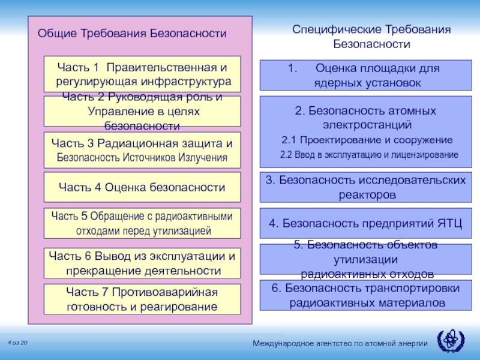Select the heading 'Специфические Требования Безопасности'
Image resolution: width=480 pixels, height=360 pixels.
click(x=371, y=37)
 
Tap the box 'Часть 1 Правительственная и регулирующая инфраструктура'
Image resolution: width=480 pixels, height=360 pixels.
click(x=142, y=74)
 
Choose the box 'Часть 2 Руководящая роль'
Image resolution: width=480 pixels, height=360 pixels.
click(x=142, y=112)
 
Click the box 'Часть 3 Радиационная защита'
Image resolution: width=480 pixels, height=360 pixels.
click(x=142, y=150)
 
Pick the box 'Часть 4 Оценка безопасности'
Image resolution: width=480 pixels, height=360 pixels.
click(x=142, y=187)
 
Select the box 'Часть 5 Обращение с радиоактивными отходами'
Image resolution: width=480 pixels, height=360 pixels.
click(x=142, y=223)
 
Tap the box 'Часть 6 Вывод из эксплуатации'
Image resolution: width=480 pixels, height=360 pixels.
click(x=142, y=263)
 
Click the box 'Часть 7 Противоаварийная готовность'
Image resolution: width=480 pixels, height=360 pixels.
click(x=142, y=299)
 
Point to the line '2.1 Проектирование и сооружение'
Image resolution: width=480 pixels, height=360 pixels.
click(x=367, y=140)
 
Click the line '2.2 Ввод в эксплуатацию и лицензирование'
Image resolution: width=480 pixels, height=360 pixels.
click(x=369, y=155)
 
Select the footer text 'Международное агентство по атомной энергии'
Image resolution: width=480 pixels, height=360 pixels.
click(x=340, y=343)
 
